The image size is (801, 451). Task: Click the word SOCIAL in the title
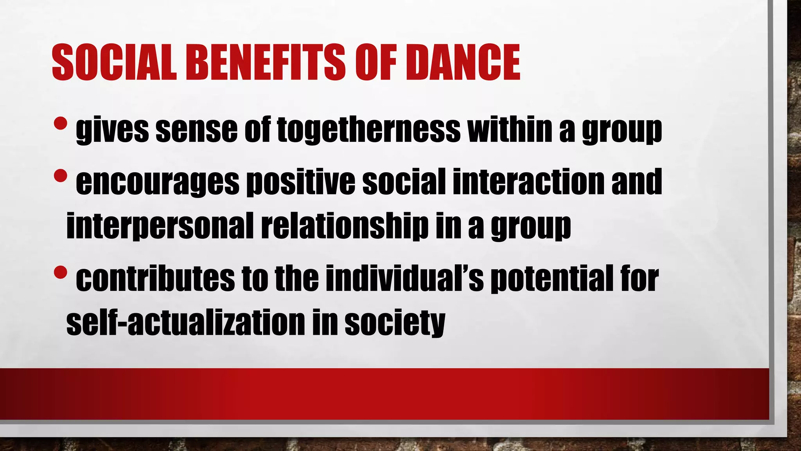pos(114,63)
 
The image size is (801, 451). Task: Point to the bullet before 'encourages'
pos(61,176)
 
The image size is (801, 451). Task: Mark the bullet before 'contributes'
pos(61,272)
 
